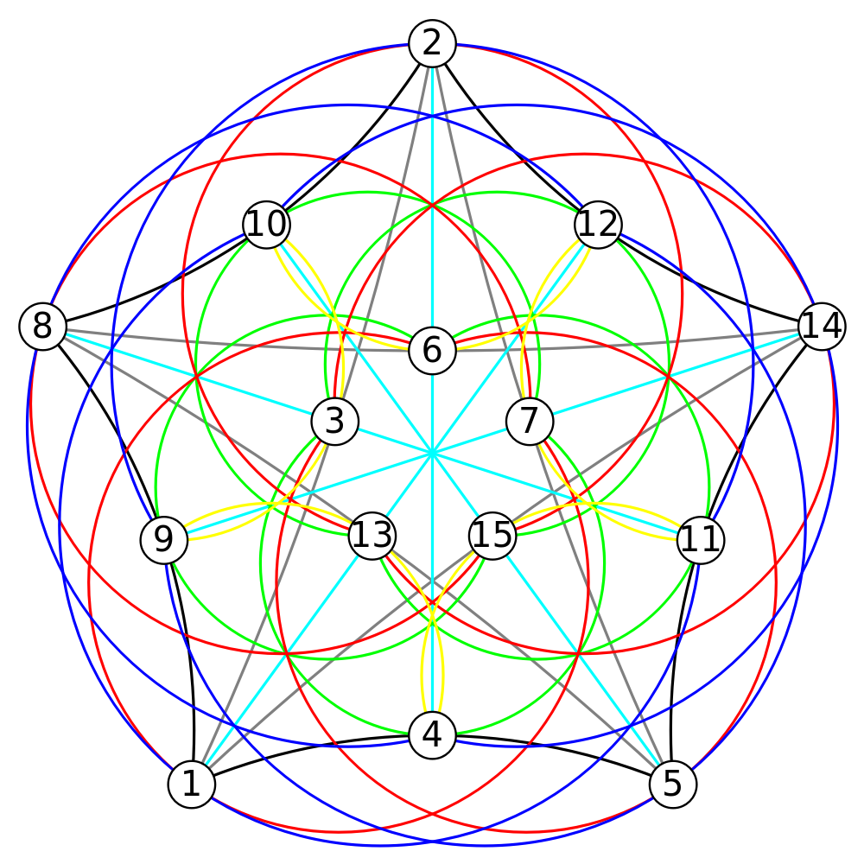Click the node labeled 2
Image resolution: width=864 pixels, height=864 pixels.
pos(432,43)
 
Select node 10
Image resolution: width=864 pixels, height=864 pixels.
pos(267,225)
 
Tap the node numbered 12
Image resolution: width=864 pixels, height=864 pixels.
pos(598,225)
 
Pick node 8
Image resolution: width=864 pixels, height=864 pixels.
pos(42,327)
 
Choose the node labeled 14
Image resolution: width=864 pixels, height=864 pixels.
pos(822,327)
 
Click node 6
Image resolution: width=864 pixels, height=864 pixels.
pos(432,351)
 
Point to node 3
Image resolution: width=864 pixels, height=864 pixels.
pos(335,422)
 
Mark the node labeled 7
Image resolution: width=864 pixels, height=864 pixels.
pos(529,422)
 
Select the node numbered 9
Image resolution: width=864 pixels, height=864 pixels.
pos(163,541)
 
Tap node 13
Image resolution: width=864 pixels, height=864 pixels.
pos(372,537)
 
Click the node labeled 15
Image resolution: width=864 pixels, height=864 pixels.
pos(492,536)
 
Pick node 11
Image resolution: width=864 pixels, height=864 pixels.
pos(700,541)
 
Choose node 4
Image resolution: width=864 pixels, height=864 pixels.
pos(432,735)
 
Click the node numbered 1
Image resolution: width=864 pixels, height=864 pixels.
pos(191,785)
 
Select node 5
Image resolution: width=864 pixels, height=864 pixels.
pos(672,785)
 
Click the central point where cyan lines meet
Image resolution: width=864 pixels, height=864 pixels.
pos(431,452)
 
